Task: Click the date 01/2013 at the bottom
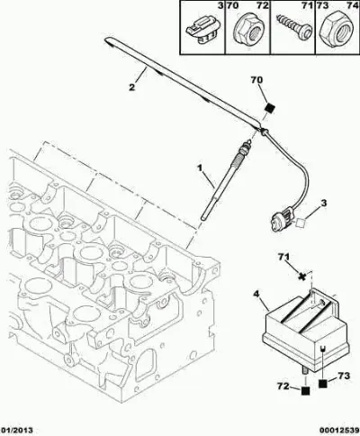[16, 431]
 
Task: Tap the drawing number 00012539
[338, 431]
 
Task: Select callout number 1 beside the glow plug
[200, 168]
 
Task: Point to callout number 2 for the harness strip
[131, 87]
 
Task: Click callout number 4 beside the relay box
[256, 294]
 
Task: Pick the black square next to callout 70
[271, 108]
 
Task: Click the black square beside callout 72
[305, 390]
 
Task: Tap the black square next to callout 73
[323, 384]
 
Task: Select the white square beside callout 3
[300, 223]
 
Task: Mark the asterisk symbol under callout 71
[302, 277]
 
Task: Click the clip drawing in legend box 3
[203, 31]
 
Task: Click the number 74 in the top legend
[353, 5]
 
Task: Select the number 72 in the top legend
[263, 5]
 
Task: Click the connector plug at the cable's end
[282, 221]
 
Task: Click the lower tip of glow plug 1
[204, 218]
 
